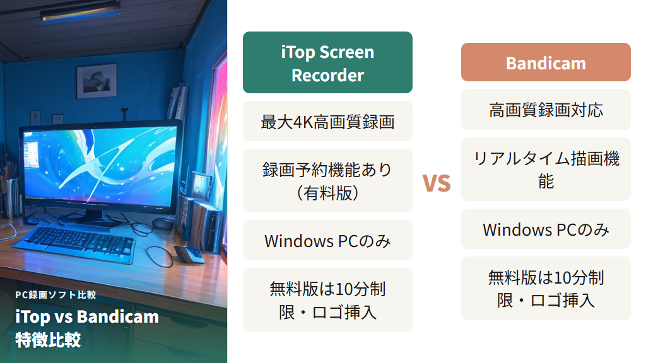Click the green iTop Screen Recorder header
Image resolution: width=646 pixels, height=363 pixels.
coord(327,62)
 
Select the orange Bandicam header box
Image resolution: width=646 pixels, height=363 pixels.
coord(546,62)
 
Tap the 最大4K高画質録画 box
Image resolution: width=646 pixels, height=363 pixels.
coord(327,121)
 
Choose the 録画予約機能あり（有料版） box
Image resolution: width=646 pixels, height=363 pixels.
coord(327,180)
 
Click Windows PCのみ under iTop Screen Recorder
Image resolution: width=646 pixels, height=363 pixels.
coord(327,240)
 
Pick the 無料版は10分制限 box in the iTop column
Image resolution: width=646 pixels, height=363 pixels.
coord(327,299)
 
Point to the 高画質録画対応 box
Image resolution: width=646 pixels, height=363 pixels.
coord(546,110)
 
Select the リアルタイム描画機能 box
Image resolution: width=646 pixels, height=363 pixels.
coord(546,169)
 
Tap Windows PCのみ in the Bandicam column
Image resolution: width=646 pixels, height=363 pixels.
coord(546,229)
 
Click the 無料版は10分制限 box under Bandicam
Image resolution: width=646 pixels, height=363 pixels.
coord(546,288)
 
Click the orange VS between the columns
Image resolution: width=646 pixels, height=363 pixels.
coord(437,183)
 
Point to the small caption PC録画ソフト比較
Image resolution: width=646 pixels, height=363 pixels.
coord(56,294)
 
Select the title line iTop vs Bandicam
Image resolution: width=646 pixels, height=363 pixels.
coord(87,316)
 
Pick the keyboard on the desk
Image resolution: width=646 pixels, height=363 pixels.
coord(82,240)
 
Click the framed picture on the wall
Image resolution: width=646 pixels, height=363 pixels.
coord(96,80)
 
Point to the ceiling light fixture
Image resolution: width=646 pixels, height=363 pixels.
coord(80,11)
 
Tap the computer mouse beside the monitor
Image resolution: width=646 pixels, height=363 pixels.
coord(163,223)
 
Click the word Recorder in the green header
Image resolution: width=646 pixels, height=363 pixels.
coord(327,76)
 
